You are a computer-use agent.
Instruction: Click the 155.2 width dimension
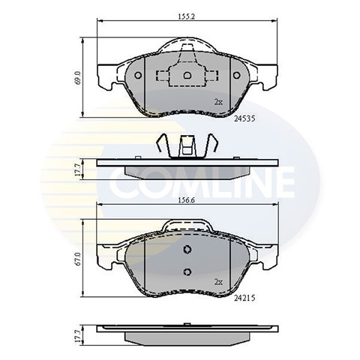(x=187, y=16)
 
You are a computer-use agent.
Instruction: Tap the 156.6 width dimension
(x=186, y=200)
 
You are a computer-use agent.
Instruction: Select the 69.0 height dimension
(x=77, y=77)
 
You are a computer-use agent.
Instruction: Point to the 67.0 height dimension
(x=77, y=259)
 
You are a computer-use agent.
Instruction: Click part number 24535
(x=244, y=118)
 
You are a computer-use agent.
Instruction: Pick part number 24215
(x=244, y=298)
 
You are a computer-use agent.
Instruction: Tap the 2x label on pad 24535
(x=218, y=102)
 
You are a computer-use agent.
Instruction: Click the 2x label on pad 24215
(x=218, y=282)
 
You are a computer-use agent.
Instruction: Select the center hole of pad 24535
(x=187, y=75)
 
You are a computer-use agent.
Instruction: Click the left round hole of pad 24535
(x=138, y=75)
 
